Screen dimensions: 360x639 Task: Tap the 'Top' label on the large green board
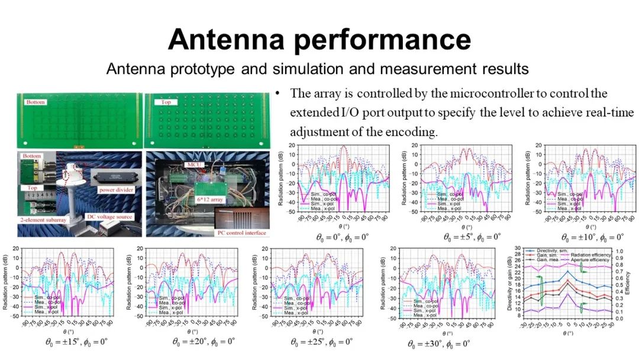162,102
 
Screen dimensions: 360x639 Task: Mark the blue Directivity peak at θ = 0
567,271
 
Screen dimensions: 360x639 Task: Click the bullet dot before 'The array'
277,94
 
